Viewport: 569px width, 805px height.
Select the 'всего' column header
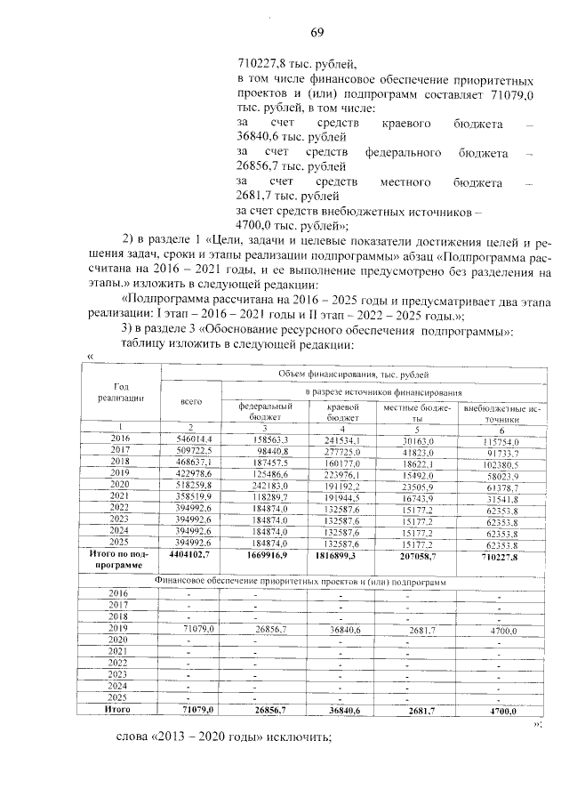point(191,401)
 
